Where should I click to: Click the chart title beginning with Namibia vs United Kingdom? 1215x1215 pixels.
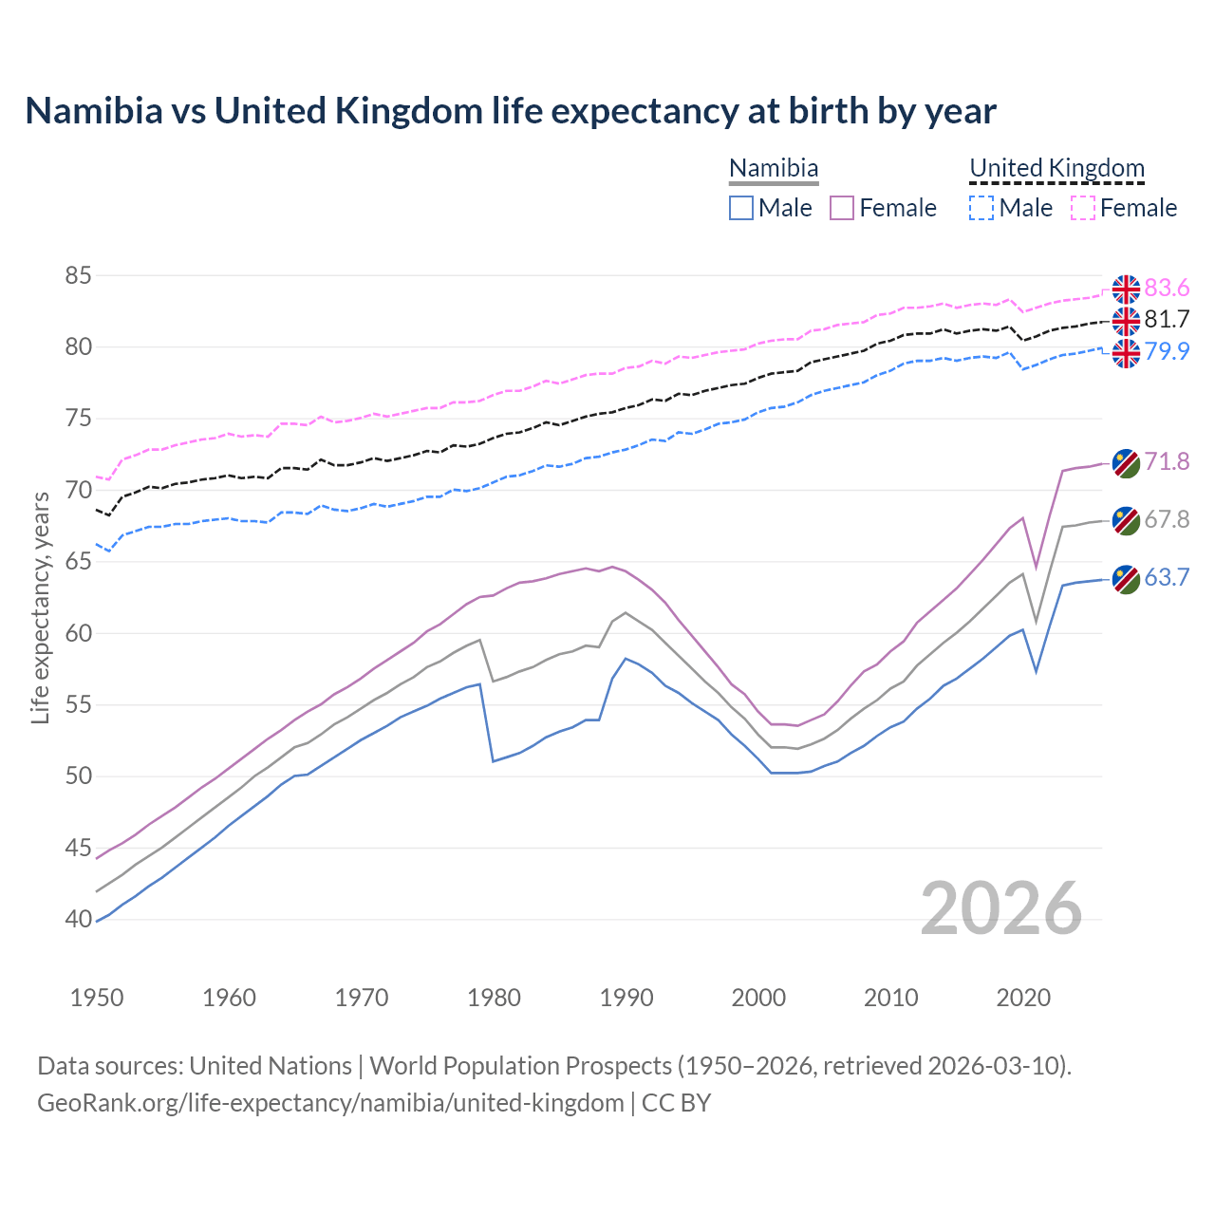click(x=511, y=111)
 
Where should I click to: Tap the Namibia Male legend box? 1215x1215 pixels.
click(x=741, y=208)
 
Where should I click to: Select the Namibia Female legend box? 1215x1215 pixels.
click(x=842, y=208)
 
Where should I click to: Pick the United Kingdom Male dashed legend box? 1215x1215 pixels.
click(x=981, y=208)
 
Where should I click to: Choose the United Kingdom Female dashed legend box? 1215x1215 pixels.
click(x=1082, y=208)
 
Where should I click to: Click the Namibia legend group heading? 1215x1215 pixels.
click(x=774, y=169)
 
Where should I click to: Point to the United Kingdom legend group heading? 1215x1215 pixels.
click(x=1056, y=169)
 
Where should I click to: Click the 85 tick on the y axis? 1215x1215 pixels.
click(x=78, y=276)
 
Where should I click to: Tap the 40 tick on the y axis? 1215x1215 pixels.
click(x=78, y=919)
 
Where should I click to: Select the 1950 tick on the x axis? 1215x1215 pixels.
click(x=97, y=998)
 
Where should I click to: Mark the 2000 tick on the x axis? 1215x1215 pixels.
click(x=758, y=998)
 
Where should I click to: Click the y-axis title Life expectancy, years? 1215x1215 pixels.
click(x=41, y=607)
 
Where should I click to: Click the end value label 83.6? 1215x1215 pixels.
click(x=1167, y=288)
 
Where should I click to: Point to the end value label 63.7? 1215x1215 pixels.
click(x=1167, y=577)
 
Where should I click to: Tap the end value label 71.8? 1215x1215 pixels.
click(x=1167, y=461)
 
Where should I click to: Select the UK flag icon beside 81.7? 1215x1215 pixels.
click(x=1126, y=321)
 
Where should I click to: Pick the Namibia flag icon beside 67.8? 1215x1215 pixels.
click(x=1126, y=520)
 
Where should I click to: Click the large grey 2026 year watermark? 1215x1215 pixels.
click(x=1000, y=908)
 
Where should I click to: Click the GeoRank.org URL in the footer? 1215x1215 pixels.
click(x=330, y=1103)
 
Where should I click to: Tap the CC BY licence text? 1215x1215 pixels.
click(x=677, y=1103)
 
